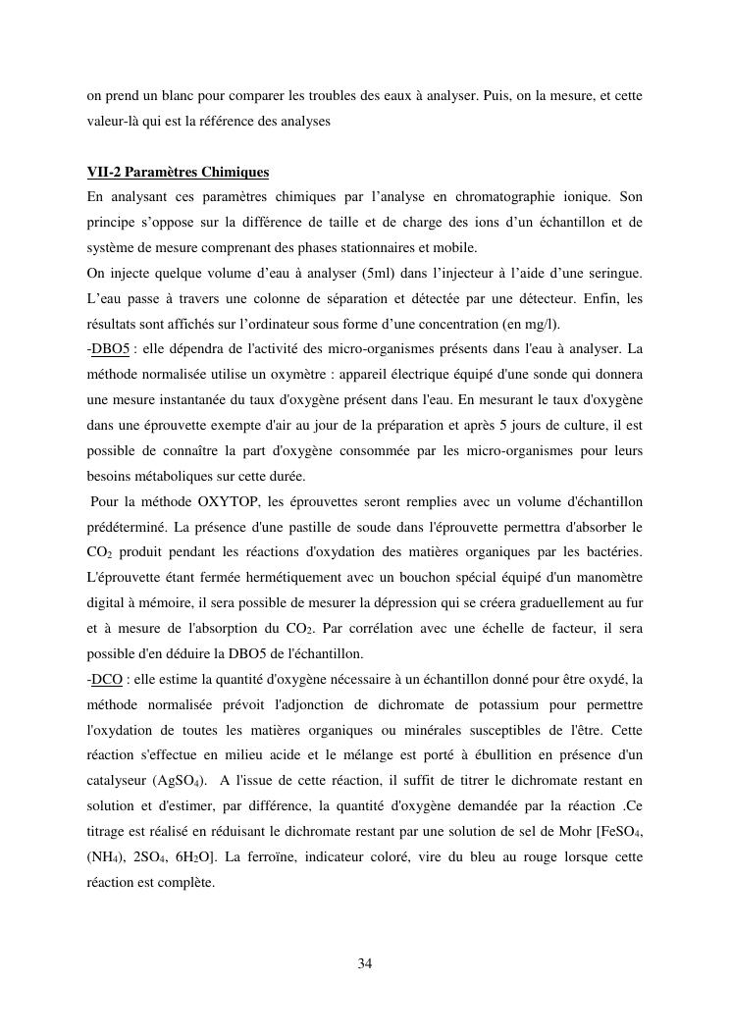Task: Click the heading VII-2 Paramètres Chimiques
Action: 178,173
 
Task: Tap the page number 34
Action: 365,963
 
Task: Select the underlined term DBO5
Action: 110,349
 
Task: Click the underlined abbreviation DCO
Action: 107,679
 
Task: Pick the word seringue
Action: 609,272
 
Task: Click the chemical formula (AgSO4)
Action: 179,781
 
